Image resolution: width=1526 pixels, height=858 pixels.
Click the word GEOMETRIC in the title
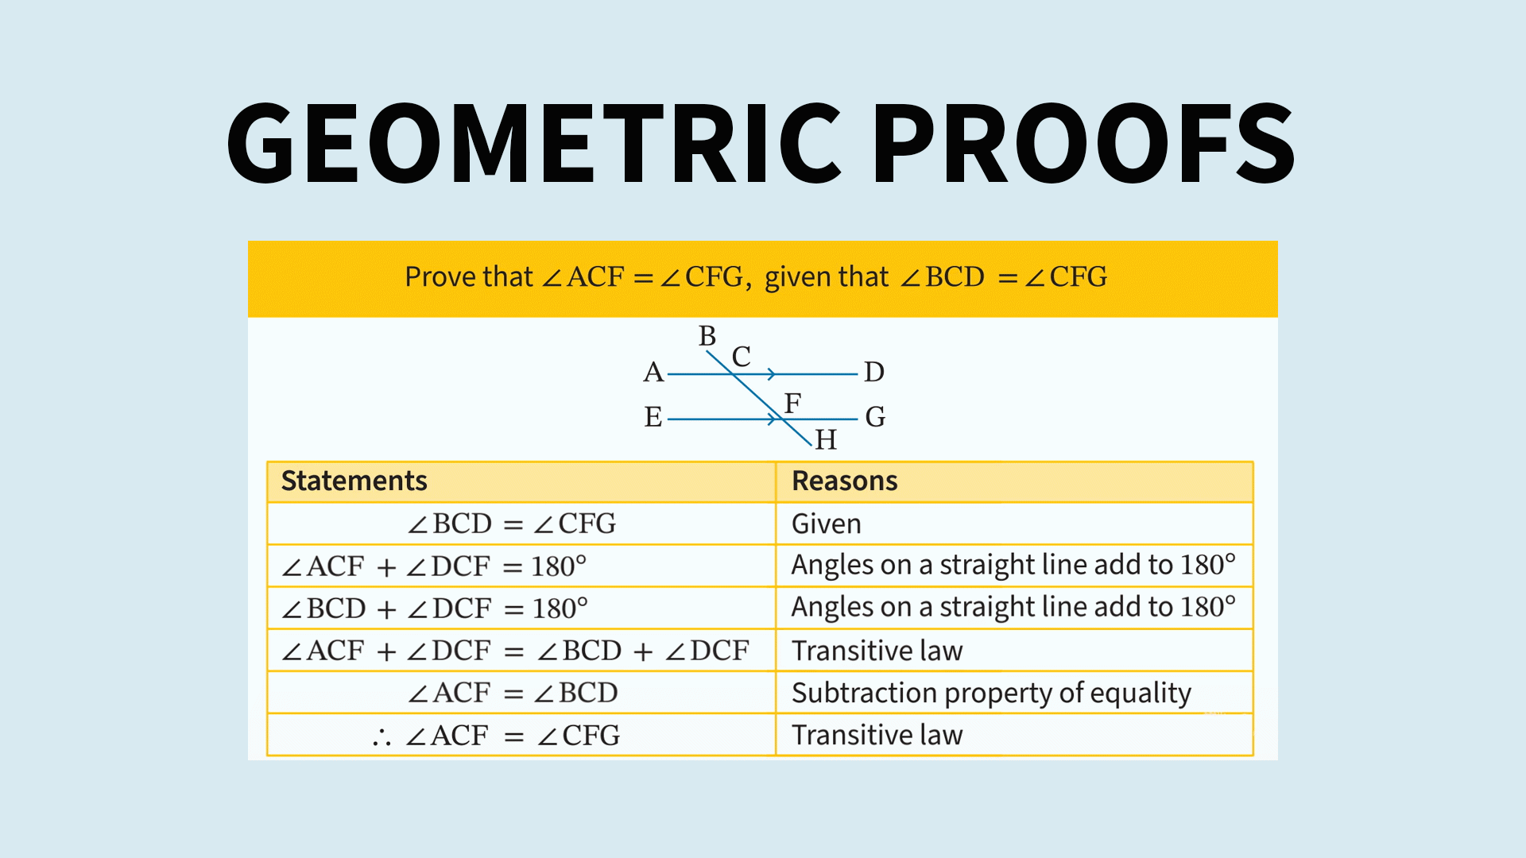(534, 143)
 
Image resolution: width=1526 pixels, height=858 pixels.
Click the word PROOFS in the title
(1087, 143)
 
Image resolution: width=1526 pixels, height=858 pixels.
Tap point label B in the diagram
(707, 336)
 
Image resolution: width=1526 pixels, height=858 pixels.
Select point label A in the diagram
(653, 372)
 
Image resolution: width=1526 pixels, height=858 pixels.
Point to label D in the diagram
(874, 372)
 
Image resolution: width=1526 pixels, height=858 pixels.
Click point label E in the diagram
(653, 417)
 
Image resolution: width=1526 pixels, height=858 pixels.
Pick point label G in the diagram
(875, 417)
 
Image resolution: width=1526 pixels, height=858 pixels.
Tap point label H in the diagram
(826, 439)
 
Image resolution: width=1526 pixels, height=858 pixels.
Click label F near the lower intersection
(792, 404)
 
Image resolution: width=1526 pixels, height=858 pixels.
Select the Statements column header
(354, 481)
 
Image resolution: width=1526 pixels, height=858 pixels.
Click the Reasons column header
(845, 481)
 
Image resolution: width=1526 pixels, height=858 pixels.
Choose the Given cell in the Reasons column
(827, 524)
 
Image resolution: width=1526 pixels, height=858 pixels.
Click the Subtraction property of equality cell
(991, 693)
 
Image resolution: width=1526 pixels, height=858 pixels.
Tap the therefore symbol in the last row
(381, 737)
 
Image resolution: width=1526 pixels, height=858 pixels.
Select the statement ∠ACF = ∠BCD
(513, 693)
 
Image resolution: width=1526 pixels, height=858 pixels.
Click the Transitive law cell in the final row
(877, 735)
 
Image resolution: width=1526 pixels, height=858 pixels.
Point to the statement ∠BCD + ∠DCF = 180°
(435, 609)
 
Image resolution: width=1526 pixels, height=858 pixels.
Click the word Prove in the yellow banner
(439, 276)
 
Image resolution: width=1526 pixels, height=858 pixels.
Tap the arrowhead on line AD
(771, 373)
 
